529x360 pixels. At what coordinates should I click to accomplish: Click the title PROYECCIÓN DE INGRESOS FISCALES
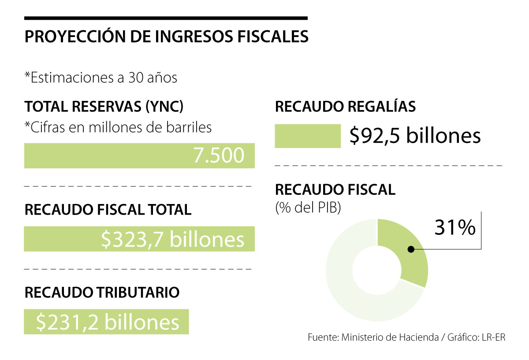click(166, 37)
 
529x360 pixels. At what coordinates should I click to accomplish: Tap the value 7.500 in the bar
click(219, 156)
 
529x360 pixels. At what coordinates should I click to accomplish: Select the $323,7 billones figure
click(172, 239)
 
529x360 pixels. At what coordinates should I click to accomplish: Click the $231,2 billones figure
click(108, 322)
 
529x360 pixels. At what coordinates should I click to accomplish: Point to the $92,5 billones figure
click(415, 136)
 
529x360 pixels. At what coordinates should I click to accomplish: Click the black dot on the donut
click(411, 249)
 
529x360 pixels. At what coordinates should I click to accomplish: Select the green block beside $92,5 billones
click(308, 136)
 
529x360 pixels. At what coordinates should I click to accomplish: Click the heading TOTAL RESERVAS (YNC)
click(104, 107)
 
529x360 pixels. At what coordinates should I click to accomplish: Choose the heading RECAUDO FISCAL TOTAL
click(108, 210)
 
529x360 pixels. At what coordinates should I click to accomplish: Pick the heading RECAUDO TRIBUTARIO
click(102, 292)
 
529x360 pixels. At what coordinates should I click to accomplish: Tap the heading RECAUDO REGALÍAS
click(345, 107)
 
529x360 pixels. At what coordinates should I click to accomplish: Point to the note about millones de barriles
click(118, 127)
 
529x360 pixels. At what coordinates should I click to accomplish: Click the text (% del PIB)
click(308, 208)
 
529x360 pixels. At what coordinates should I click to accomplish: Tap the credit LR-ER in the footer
click(494, 338)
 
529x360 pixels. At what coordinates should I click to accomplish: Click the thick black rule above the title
click(166, 18)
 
